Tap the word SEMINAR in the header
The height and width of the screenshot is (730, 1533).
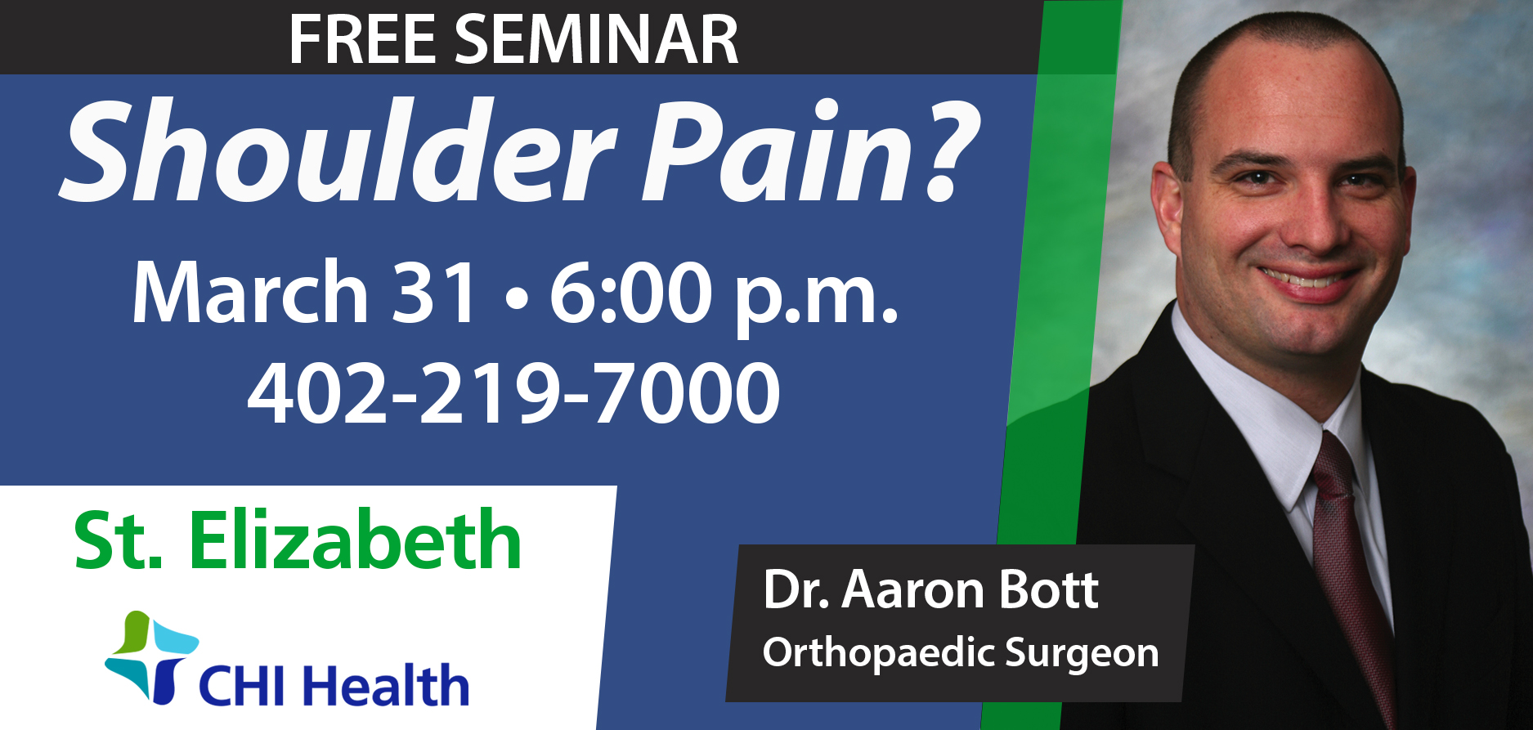click(597, 39)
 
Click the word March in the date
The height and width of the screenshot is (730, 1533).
click(250, 292)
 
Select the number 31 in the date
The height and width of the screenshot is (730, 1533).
click(435, 293)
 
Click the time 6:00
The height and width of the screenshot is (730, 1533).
click(630, 293)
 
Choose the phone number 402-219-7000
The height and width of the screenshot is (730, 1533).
click(513, 393)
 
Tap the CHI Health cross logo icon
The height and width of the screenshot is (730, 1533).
click(151, 656)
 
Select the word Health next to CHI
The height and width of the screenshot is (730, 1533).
click(388, 685)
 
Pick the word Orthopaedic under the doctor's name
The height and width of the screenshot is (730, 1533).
click(876, 652)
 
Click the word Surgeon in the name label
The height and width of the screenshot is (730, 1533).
click(1082, 654)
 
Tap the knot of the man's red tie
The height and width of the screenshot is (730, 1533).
click(1332, 470)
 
